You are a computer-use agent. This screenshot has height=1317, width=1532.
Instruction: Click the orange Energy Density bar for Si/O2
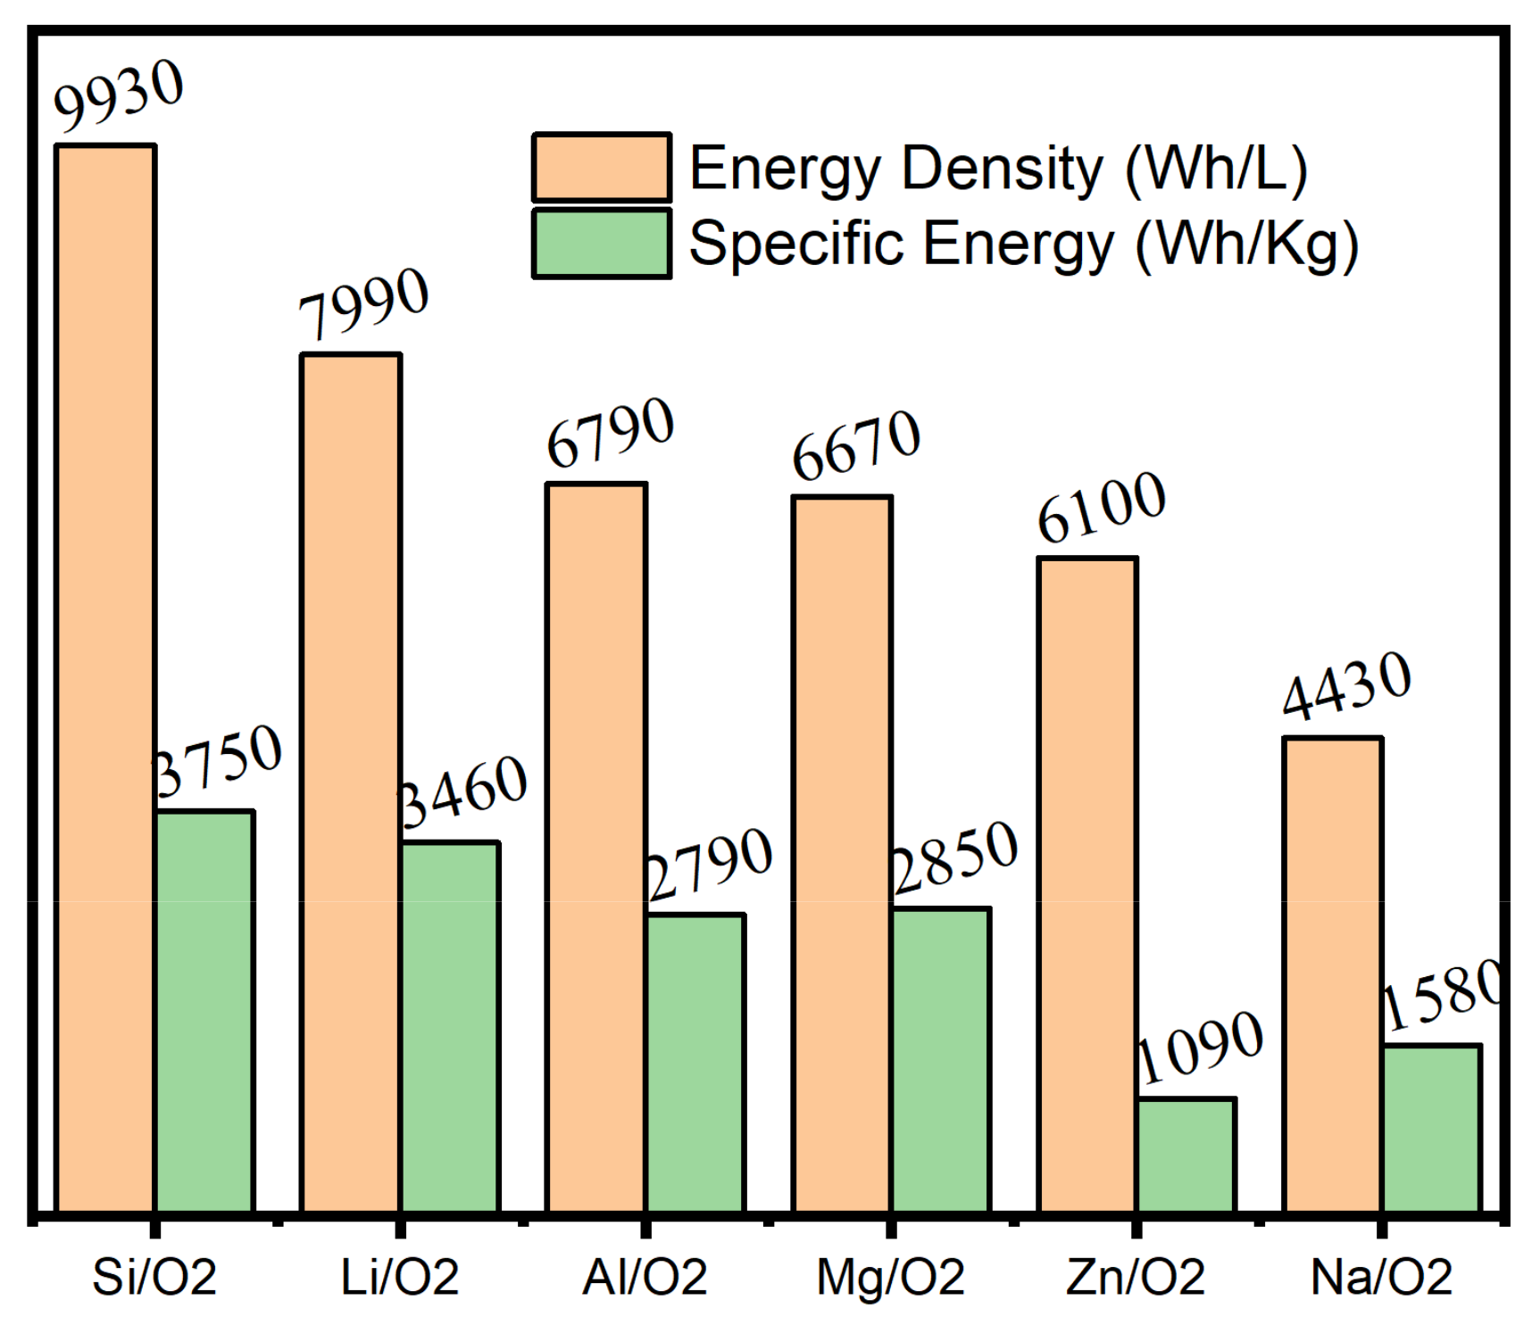point(105,678)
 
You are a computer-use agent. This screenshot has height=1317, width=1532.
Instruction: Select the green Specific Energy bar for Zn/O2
point(1186,1155)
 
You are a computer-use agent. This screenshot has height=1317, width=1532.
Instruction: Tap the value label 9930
point(119,96)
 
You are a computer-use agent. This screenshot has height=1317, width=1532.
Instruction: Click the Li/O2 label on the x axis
point(399,1277)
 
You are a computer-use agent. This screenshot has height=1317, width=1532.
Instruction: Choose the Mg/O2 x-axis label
point(890,1277)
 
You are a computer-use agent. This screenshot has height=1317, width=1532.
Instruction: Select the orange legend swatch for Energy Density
point(601,168)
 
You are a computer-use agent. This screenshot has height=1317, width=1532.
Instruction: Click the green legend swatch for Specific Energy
point(601,244)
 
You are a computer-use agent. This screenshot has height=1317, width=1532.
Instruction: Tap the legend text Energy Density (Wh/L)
point(998,168)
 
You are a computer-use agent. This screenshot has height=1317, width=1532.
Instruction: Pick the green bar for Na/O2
point(1432,1128)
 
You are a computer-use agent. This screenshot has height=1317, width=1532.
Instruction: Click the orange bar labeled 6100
point(1087,883)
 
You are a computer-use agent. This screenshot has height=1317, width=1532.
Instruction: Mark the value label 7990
point(363,305)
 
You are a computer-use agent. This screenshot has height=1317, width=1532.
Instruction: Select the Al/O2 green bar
point(695,1062)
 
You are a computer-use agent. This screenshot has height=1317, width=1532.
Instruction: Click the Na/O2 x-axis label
point(1381,1277)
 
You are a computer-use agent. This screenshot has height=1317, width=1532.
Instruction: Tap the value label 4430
point(1346,685)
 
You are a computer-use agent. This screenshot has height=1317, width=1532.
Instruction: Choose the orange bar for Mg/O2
point(841,853)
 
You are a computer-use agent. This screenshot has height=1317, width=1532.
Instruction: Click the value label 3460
point(462,792)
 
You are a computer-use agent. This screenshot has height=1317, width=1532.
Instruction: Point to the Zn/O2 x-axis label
point(1136,1277)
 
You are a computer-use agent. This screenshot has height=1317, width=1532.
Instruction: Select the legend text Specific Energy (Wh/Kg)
point(1023,244)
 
